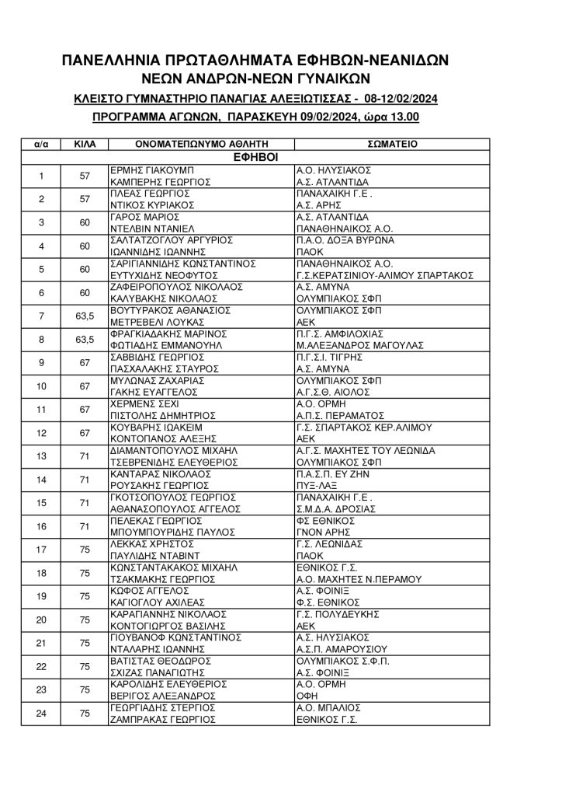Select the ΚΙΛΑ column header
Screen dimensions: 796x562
[85, 144]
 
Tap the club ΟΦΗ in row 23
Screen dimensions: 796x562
[307, 696]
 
